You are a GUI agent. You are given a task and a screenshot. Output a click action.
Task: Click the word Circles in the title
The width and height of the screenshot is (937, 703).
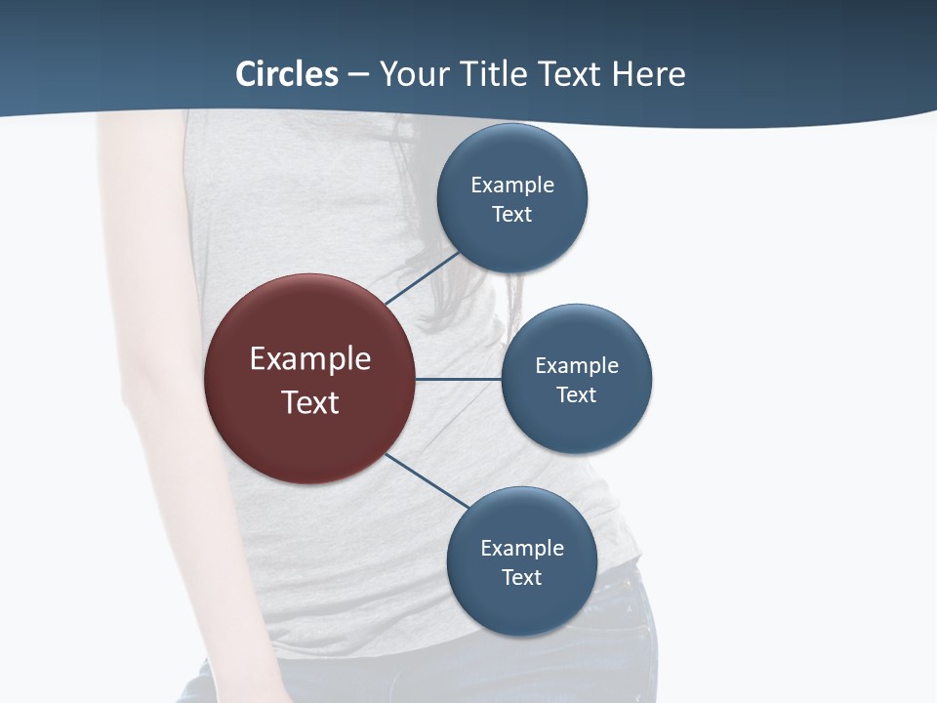point(287,74)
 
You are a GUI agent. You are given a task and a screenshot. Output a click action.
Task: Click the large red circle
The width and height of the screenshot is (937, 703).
point(309,430)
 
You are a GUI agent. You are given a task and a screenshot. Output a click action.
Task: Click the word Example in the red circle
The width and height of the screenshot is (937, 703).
point(309,359)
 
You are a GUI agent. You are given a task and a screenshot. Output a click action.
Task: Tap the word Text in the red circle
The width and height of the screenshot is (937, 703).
point(309,402)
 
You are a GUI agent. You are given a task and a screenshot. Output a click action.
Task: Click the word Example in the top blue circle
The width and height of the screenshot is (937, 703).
point(511,185)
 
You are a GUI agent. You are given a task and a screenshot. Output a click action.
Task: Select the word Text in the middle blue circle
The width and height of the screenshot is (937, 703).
point(576,394)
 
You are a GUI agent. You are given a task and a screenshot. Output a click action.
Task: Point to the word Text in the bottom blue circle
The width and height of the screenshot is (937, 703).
point(521,577)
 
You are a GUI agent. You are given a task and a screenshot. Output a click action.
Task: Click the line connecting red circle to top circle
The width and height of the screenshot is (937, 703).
point(423,277)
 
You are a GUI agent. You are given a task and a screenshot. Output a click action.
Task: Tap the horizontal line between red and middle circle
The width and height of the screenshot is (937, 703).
point(459,379)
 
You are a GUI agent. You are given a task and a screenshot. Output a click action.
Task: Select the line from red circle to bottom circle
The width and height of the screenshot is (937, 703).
point(428,480)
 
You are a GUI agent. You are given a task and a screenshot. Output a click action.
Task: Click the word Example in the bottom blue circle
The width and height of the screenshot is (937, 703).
point(521,548)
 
